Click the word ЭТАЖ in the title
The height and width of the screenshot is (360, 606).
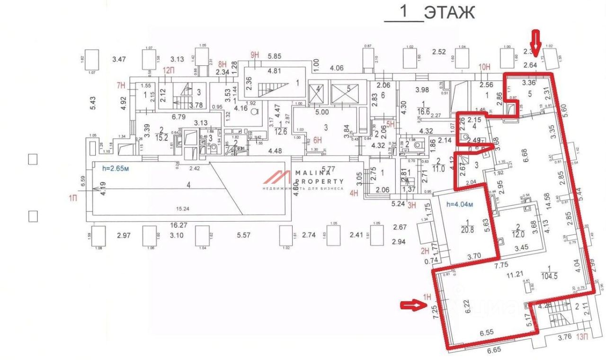(x=449, y=13)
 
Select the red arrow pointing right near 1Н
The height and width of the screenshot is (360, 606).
(x=410, y=306)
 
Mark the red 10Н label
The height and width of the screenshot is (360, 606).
(x=484, y=67)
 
